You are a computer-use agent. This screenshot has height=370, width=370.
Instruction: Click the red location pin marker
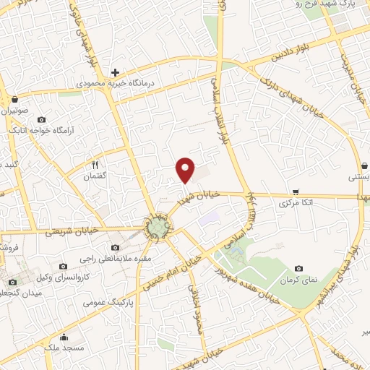[x=186, y=170]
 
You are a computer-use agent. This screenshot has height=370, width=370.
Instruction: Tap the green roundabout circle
[x=155, y=229]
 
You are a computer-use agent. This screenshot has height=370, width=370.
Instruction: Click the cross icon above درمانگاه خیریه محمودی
[x=115, y=72]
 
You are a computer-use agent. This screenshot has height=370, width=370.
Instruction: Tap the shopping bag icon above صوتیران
[x=15, y=100]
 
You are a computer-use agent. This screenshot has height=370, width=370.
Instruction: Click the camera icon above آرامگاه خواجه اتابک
[x=40, y=119]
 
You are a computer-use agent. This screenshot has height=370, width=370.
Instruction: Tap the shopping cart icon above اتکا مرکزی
[x=296, y=192]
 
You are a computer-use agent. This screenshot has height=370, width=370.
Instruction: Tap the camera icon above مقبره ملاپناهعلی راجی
[x=116, y=248]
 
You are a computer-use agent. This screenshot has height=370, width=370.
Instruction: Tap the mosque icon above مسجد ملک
[x=64, y=337]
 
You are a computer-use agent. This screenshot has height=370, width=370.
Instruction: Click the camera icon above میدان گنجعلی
[x=12, y=282]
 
